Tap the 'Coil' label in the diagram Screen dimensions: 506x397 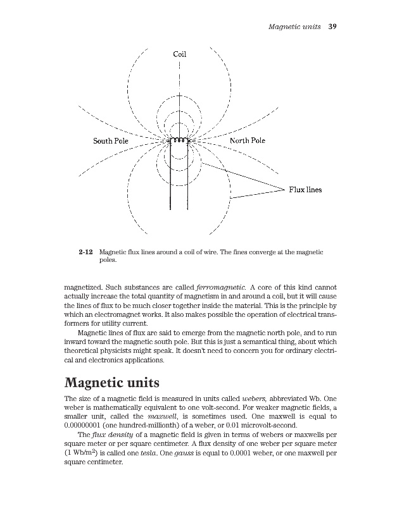tap(180, 54)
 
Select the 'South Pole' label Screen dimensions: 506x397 tap(111, 140)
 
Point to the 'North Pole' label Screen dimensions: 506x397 tap(248, 140)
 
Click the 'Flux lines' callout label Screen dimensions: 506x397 tap(306, 188)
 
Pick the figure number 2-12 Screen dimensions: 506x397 tap(87, 252)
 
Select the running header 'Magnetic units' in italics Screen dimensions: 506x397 tap(294, 27)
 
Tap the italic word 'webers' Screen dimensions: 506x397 tap(256, 400)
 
